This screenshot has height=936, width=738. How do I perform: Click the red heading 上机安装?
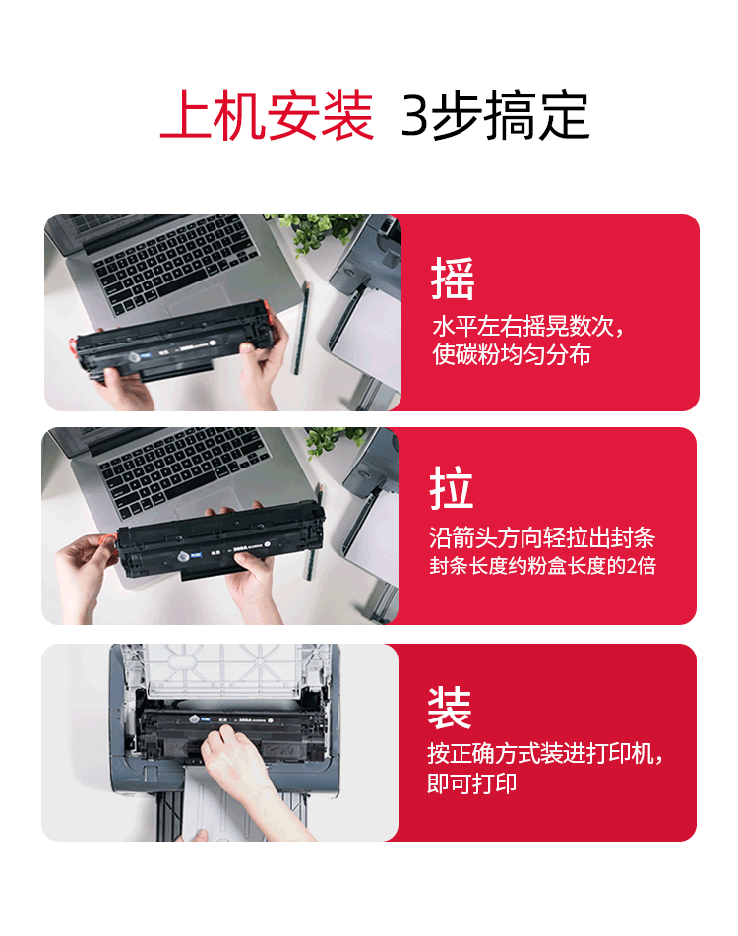tap(267, 115)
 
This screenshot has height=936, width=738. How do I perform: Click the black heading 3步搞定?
tap(495, 115)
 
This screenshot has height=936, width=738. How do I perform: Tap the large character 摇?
tap(453, 279)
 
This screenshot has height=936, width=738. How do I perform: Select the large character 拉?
tap(451, 488)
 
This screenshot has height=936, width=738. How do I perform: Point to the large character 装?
tap(450, 708)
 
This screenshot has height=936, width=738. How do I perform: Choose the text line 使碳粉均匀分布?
tap(512, 354)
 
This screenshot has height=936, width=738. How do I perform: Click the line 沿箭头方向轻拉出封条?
tap(542, 537)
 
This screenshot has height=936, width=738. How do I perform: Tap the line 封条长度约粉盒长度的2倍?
tap(542, 565)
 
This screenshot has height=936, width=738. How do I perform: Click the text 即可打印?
tap(472, 783)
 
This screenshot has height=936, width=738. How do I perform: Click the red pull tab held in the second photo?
tap(107, 539)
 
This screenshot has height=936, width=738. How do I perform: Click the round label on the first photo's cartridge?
tap(135, 357)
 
